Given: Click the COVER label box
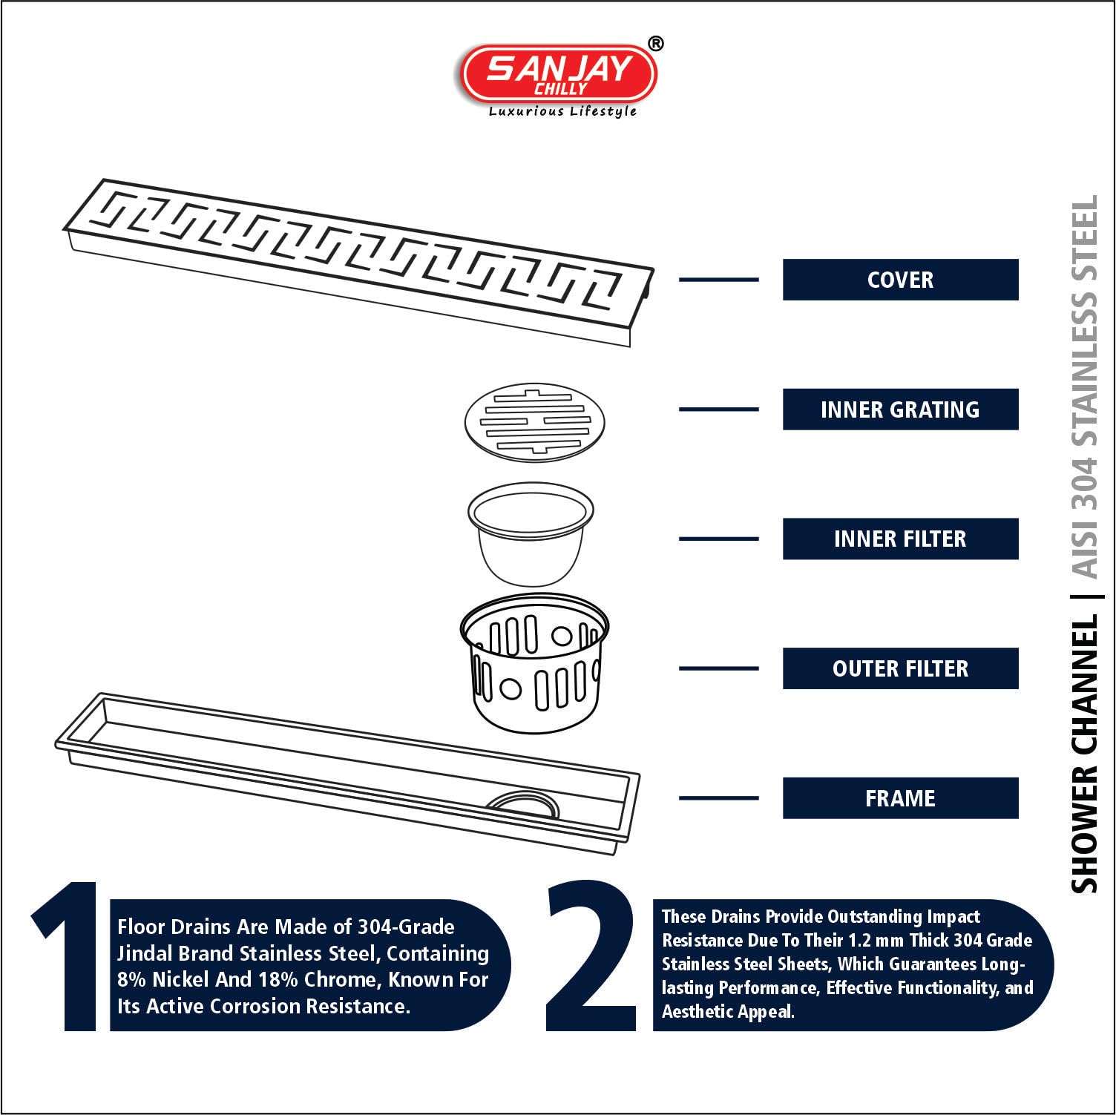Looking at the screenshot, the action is click(900, 280).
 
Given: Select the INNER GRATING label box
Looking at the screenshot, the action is click(900, 410).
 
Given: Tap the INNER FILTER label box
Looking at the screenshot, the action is click(900, 539).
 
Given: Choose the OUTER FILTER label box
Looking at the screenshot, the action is click(900, 668).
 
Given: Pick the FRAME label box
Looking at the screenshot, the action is click(900, 798).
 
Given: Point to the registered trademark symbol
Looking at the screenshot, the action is click(656, 44).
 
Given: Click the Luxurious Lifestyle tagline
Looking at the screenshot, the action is click(562, 111).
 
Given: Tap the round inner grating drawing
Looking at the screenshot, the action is click(535, 421).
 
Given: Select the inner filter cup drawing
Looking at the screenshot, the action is click(531, 534).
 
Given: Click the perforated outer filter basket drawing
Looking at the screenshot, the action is click(535, 660).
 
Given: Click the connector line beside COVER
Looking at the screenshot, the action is click(719, 280).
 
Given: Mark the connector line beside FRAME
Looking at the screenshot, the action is click(719, 798).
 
